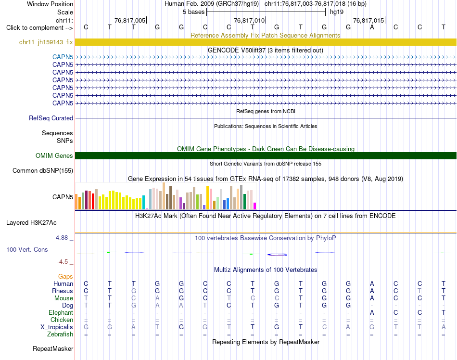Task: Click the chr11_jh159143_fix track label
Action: click(46, 42)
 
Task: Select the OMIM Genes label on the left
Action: click(54, 155)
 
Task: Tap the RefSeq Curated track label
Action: click(51, 118)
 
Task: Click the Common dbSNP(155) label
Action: click(43, 170)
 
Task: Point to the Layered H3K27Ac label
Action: click(31, 223)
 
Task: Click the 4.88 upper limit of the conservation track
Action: click(62, 238)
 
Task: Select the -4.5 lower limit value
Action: click(63, 261)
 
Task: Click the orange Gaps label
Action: click(65, 276)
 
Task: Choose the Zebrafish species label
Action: click(60, 334)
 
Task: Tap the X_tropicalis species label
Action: click(57, 327)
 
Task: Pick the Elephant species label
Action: click(61, 312)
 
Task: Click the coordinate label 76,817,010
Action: click(249, 20)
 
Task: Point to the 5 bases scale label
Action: click(193, 12)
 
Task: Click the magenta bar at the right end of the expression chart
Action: click(255, 206)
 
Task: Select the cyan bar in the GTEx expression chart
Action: click(143, 202)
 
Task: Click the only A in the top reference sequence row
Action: click(372, 27)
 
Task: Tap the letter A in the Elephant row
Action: click(372, 312)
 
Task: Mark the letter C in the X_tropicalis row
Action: click(324, 327)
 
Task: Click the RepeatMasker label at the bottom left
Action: click(53, 348)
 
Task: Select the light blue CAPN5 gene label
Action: click(63, 57)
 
